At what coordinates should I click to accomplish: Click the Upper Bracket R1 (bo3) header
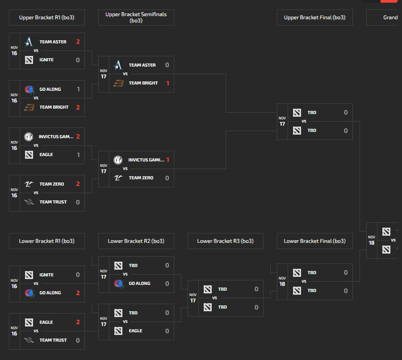(x=46, y=17)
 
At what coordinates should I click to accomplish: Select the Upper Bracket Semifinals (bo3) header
(x=136, y=17)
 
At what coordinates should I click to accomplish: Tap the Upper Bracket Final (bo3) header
(x=314, y=17)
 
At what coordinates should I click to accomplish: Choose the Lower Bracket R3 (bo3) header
(x=225, y=241)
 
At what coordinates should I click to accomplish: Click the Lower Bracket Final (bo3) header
(x=314, y=241)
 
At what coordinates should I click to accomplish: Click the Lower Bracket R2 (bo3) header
(x=136, y=241)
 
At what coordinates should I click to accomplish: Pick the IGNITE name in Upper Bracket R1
(x=46, y=60)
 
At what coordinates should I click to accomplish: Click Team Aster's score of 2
(x=78, y=42)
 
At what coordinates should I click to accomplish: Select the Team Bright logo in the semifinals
(x=118, y=83)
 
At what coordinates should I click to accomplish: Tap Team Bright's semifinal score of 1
(x=167, y=83)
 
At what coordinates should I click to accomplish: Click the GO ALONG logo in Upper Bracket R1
(x=29, y=89)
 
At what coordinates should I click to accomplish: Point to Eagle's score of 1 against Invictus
(x=78, y=155)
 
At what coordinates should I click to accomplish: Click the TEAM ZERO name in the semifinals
(x=141, y=178)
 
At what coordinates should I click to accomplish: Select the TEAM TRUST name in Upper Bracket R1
(x=53, y=202)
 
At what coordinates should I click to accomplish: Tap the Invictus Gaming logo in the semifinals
(x=118, y=160)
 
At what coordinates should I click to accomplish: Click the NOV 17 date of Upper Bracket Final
(x=282, y=122)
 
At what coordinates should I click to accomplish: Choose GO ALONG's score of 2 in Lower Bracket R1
(x=78, y=293)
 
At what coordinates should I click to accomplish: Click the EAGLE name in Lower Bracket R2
(x=135, y=331)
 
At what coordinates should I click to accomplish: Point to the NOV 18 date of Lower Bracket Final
(x=282, y=281)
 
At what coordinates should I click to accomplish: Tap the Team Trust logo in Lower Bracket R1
(x=29, y=340)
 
